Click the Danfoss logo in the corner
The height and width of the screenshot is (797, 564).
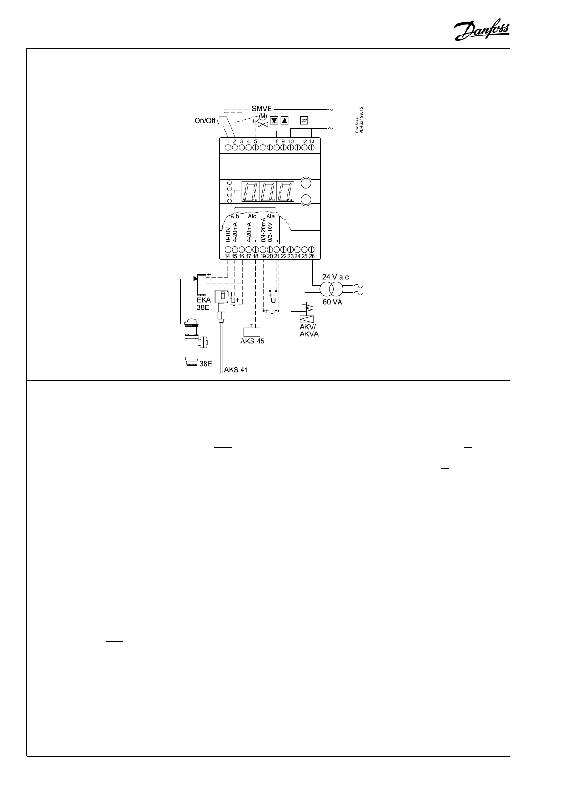tap(482, 31)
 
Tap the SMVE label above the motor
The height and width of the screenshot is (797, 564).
tap(261, 109)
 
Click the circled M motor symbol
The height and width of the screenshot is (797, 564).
tap(263, 116)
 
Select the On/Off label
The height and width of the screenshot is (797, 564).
tap(205, 121)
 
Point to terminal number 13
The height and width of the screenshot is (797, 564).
tap(312, 141)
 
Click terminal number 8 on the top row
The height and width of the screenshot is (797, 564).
tap(277, 141)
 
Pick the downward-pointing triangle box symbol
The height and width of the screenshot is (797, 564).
tap(274, 120)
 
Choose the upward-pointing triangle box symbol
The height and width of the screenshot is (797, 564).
tap(284, 120)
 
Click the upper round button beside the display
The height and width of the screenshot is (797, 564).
tap(306, 184)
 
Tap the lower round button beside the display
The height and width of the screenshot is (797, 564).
tap(306, 200)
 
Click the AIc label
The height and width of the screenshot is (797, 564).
tap(252, 216)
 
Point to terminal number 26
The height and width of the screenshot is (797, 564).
tap(312, 256)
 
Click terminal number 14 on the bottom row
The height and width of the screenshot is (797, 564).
tap(227, 256)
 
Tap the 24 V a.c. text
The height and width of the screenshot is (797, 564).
tap(336, 277)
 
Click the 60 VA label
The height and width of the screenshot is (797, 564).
tap(332, 302)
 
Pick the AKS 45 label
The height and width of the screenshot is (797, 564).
tap(252, 341)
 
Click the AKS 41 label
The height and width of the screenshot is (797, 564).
tap(236, 370)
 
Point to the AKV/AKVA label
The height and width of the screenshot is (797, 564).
tap(309, 331)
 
